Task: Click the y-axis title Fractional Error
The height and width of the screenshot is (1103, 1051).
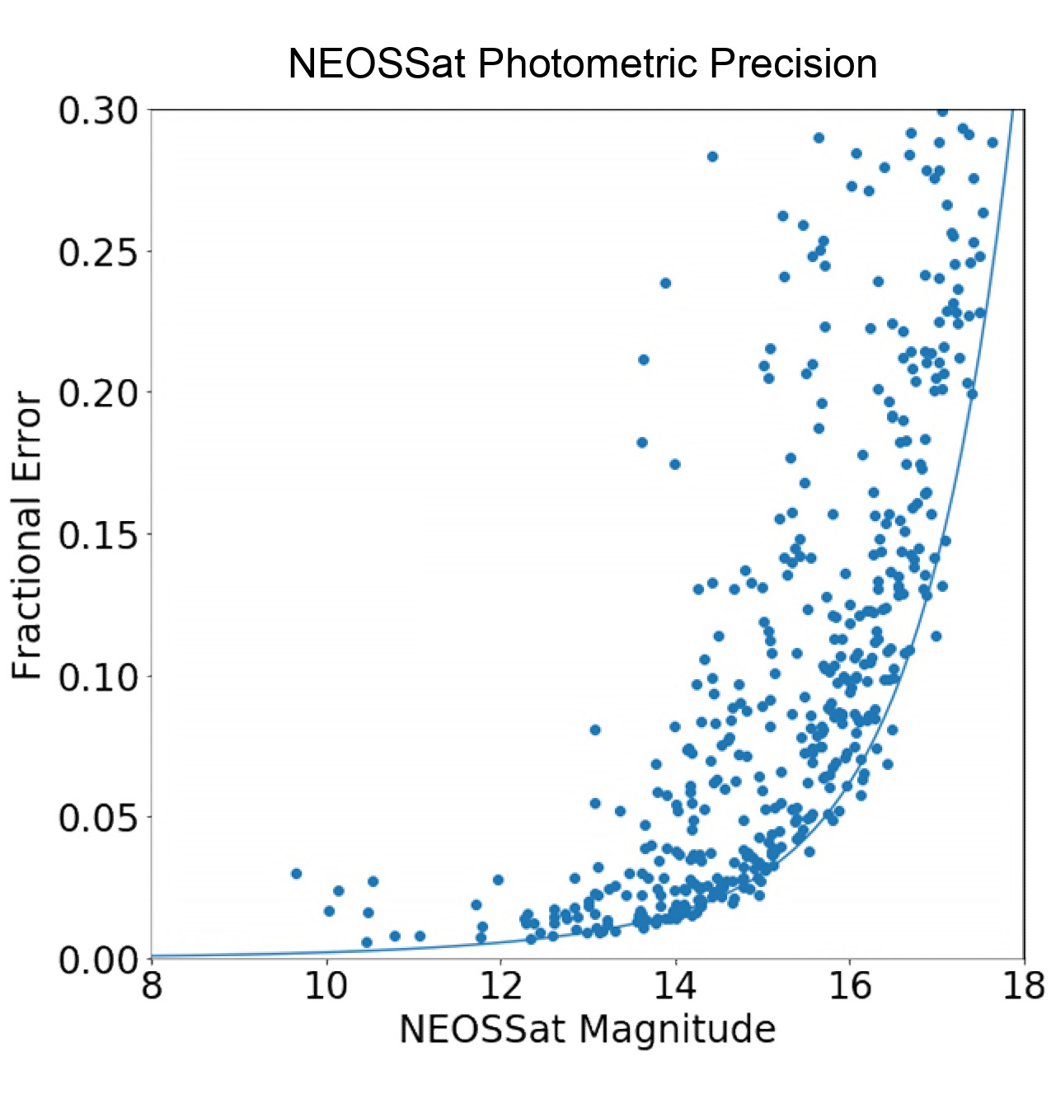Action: (28, 537)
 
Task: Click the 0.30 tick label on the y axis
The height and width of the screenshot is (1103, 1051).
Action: (97, 110)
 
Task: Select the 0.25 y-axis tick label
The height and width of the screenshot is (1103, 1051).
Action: (97, 251)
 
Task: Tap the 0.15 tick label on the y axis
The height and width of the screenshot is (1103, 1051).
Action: (97, 534)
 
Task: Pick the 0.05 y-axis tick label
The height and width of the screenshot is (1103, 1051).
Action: (97, 818)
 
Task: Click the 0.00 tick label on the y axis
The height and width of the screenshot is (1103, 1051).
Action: (97, 959)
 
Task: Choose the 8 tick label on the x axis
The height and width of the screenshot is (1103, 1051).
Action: (152, 985)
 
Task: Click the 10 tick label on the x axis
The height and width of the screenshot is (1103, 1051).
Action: (326, 985)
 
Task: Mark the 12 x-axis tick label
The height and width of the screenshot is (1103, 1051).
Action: (501, 985)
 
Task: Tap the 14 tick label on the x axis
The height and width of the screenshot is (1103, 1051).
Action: (676, 985)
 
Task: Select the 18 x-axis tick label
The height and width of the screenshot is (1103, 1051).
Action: (1025, 985)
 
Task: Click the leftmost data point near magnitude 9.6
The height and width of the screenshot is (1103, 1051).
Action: (297, 873)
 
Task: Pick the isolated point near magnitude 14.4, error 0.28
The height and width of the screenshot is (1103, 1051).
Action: (712, 157)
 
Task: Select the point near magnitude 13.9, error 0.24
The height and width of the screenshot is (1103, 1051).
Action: (665, 283)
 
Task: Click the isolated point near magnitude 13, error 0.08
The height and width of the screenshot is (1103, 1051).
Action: (595, 730)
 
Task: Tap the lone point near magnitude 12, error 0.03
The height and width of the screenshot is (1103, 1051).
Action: (498, 880)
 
